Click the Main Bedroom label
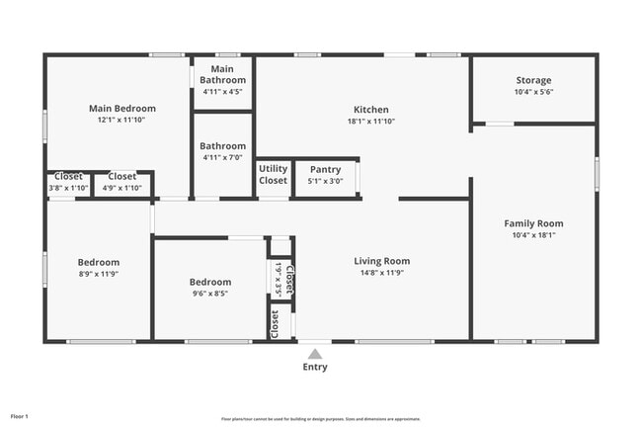tap(122, 108)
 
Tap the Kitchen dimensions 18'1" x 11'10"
tap(371, 122)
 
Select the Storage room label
tap(533, 80)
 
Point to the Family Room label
tap(533, 223)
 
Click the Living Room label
tap(381, 261)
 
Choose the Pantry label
tap(325, 169)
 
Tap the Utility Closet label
tap(274, 175)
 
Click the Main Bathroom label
tap(222, 74)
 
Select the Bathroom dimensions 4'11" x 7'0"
tap(222, 158)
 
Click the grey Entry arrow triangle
tap(315, 353)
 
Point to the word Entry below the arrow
tap(315, 368)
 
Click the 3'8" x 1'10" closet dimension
tap(68, 188)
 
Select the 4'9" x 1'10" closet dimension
tap(122, 188)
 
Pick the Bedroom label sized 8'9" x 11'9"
tap(99, 262)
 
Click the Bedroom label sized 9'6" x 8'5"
tap(209, 282)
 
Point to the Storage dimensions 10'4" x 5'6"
tap(533, 92)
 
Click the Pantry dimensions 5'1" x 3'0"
tap(325, 181)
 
